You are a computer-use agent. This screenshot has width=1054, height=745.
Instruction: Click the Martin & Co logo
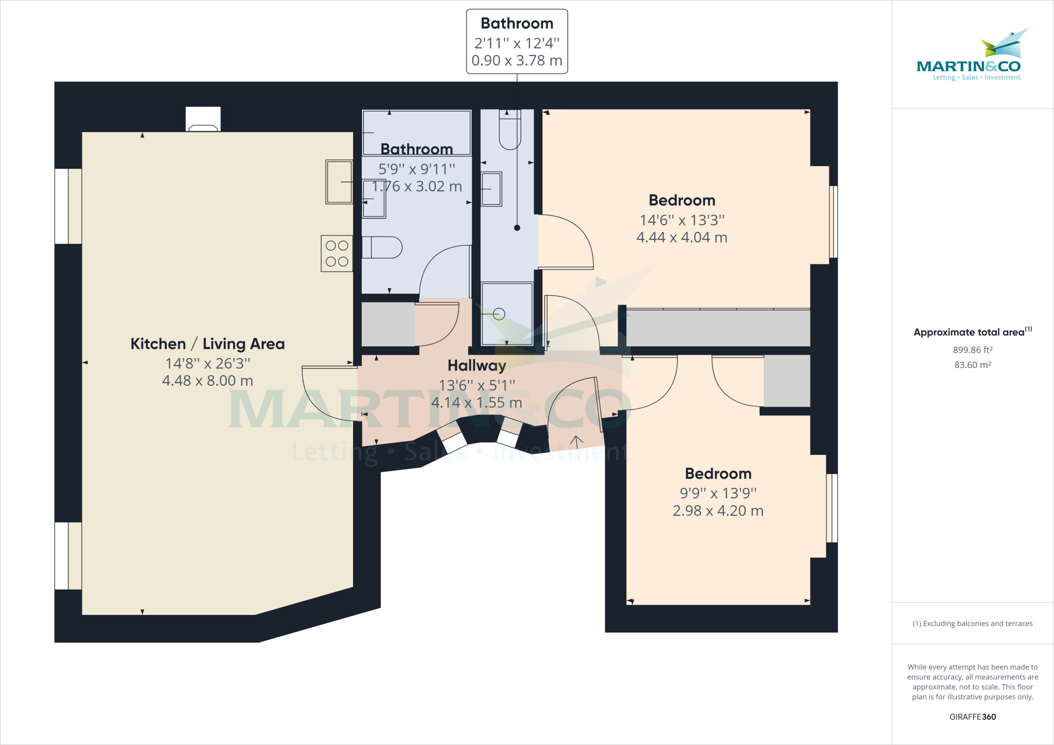969,57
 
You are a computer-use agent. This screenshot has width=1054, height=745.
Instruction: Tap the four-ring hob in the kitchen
337,253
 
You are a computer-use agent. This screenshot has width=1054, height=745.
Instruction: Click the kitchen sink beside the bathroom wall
339,182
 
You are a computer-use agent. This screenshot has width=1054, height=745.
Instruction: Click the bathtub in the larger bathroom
416,132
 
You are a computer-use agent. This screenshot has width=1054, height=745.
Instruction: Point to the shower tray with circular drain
507,313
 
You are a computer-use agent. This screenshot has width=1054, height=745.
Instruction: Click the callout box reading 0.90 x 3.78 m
517,42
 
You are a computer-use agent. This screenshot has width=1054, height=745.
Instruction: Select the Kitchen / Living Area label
207,344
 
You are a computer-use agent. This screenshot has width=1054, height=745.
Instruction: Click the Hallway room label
477,365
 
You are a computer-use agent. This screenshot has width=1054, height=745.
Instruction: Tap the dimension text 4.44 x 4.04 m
681,238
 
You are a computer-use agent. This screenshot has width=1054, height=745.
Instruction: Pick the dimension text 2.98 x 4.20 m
718,511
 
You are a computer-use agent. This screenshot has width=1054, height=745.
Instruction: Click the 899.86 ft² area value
972,350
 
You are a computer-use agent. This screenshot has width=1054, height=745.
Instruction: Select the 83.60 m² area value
972,365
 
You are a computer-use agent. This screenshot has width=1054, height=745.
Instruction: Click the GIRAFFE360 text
972,717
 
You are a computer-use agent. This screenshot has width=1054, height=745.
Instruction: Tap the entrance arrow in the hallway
576,441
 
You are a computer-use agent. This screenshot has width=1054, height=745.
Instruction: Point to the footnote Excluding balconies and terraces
972,624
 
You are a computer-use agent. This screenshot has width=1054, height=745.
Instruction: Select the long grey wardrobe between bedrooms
717,328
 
